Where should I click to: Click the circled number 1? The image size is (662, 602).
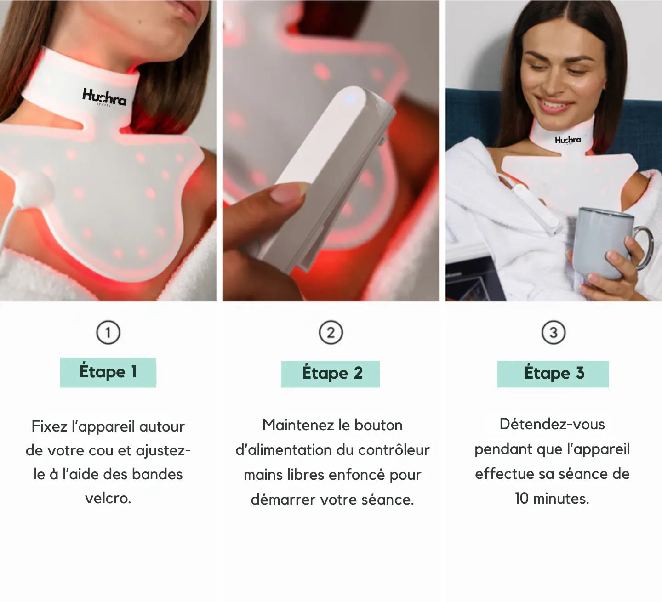108,332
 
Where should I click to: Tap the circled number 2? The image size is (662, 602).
331,333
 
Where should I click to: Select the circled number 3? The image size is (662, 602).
553,332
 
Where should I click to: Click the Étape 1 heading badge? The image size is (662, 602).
108,372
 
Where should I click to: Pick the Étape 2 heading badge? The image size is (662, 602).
331,374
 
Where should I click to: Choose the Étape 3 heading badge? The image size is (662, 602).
553,374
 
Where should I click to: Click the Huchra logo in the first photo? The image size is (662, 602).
104,97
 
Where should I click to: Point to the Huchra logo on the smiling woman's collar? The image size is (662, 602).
568,140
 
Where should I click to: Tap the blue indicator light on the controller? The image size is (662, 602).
348,98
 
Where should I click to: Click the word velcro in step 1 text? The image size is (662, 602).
108,498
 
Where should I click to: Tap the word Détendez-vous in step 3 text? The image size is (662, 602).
552,424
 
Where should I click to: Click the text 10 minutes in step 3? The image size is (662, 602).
552,498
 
